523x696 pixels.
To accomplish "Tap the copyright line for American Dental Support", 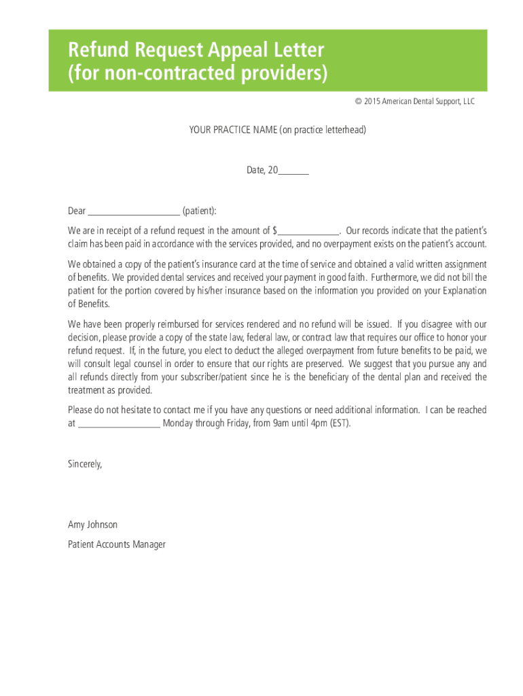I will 414,101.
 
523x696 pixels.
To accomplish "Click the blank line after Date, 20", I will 293,171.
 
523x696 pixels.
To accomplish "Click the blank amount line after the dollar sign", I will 308,230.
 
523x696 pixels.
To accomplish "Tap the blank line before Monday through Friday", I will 119,423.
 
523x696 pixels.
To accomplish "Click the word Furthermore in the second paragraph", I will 399,277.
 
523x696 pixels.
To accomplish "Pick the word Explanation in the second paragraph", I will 462,291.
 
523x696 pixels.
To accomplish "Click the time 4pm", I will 317,423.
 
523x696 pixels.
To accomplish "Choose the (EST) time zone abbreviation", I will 340,423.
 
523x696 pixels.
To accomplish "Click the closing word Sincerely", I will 85,464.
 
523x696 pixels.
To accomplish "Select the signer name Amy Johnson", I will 92,525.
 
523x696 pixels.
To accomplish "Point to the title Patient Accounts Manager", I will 117,544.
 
